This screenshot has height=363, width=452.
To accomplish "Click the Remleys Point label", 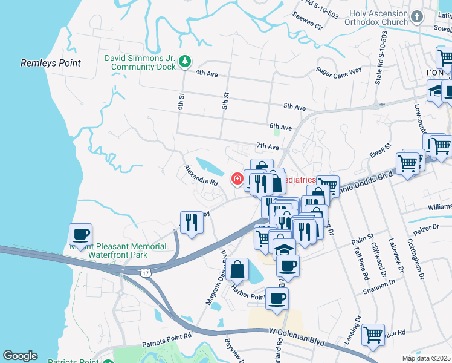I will [46, 62].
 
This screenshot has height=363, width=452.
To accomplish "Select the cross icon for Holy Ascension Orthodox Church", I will [416, 16].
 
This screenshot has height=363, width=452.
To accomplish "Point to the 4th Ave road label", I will [209, 73].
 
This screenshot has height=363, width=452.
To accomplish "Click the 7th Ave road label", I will [267, 146].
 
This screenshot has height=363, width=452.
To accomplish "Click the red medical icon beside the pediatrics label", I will [237, 179].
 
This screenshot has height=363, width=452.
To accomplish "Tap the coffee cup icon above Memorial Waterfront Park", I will [80, 234].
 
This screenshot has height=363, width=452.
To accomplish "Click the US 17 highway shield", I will [146, 273].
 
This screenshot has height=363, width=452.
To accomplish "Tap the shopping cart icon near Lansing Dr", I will [373, 333].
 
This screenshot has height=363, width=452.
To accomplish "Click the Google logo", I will [20, 356].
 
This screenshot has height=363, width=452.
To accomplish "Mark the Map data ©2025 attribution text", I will [427, 358].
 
